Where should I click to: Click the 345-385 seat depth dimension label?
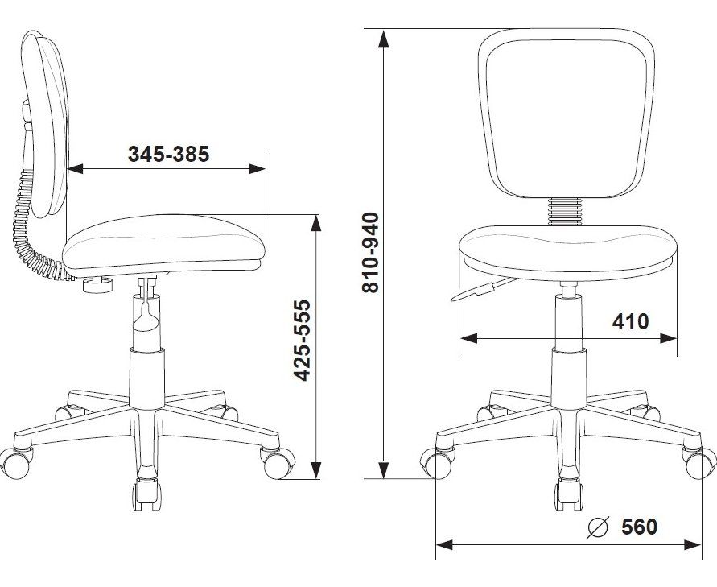tap(168, 154)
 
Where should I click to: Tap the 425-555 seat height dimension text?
tap(303, 341)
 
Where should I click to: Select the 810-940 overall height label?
tap(370, 253)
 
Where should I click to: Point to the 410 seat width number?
tap(630, 321)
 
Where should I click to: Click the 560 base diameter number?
tap(639, 527)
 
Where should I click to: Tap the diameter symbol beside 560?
tap(598, 527)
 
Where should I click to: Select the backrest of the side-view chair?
tap(45, 123)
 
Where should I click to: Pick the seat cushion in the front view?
tap(568, 253)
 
